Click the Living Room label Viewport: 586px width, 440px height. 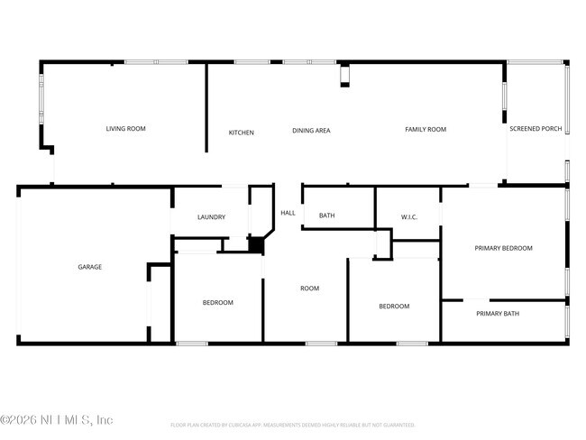point(125,129)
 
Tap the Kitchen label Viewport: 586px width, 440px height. point(241,133)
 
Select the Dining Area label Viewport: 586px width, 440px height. point(311,131)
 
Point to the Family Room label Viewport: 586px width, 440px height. point(426,130)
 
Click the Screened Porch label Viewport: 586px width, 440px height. point(536,129)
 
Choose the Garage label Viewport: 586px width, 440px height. point(89,267)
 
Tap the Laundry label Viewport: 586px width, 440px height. point(211,217)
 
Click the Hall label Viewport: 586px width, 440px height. point(288,213)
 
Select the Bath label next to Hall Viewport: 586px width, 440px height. point(326,215)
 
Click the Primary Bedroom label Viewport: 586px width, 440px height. point(504,248)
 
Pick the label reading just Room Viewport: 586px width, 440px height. point(309,289)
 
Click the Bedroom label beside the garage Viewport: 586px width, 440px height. point(217,303)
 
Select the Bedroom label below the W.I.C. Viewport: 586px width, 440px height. point(394,307)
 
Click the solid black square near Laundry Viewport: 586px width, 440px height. point(255,244)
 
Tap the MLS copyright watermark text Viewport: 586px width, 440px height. point(57,420)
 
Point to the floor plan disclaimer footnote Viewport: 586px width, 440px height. point(292,425)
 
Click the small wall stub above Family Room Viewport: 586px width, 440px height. point(343,76)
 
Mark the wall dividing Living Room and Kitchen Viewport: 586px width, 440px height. point(206,108)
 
